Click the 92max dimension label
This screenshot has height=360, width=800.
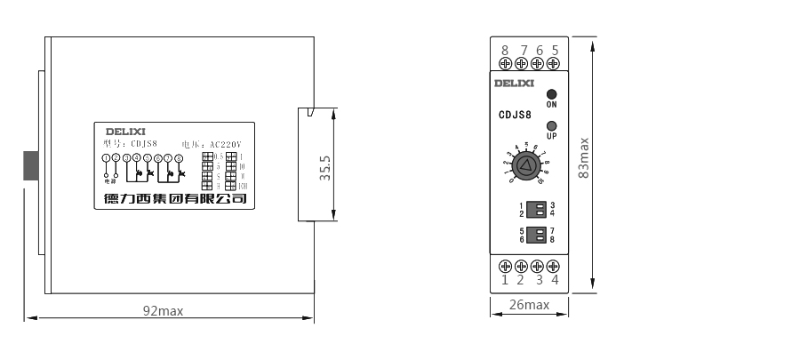(x=163, y=310)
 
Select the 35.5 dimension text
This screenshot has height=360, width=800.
(x=325, y=168)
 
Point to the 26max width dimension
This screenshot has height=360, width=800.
(x=529, y=305)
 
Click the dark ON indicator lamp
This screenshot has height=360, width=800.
(x=551, y=93)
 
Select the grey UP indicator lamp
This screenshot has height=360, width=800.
(x=551, y=125)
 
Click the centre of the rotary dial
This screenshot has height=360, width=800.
(x=527, y=164)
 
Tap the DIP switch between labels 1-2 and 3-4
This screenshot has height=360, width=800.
(x=536, y=209)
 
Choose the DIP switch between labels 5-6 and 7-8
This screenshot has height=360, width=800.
(x=536, y=235)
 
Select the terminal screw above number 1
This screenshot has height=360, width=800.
(x=505, y=266)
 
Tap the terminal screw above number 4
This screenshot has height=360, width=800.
(x=554, y=266)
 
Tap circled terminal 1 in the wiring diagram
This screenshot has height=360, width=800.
(x=107, y=158)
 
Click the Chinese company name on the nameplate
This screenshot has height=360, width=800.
(x=171, y=199)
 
